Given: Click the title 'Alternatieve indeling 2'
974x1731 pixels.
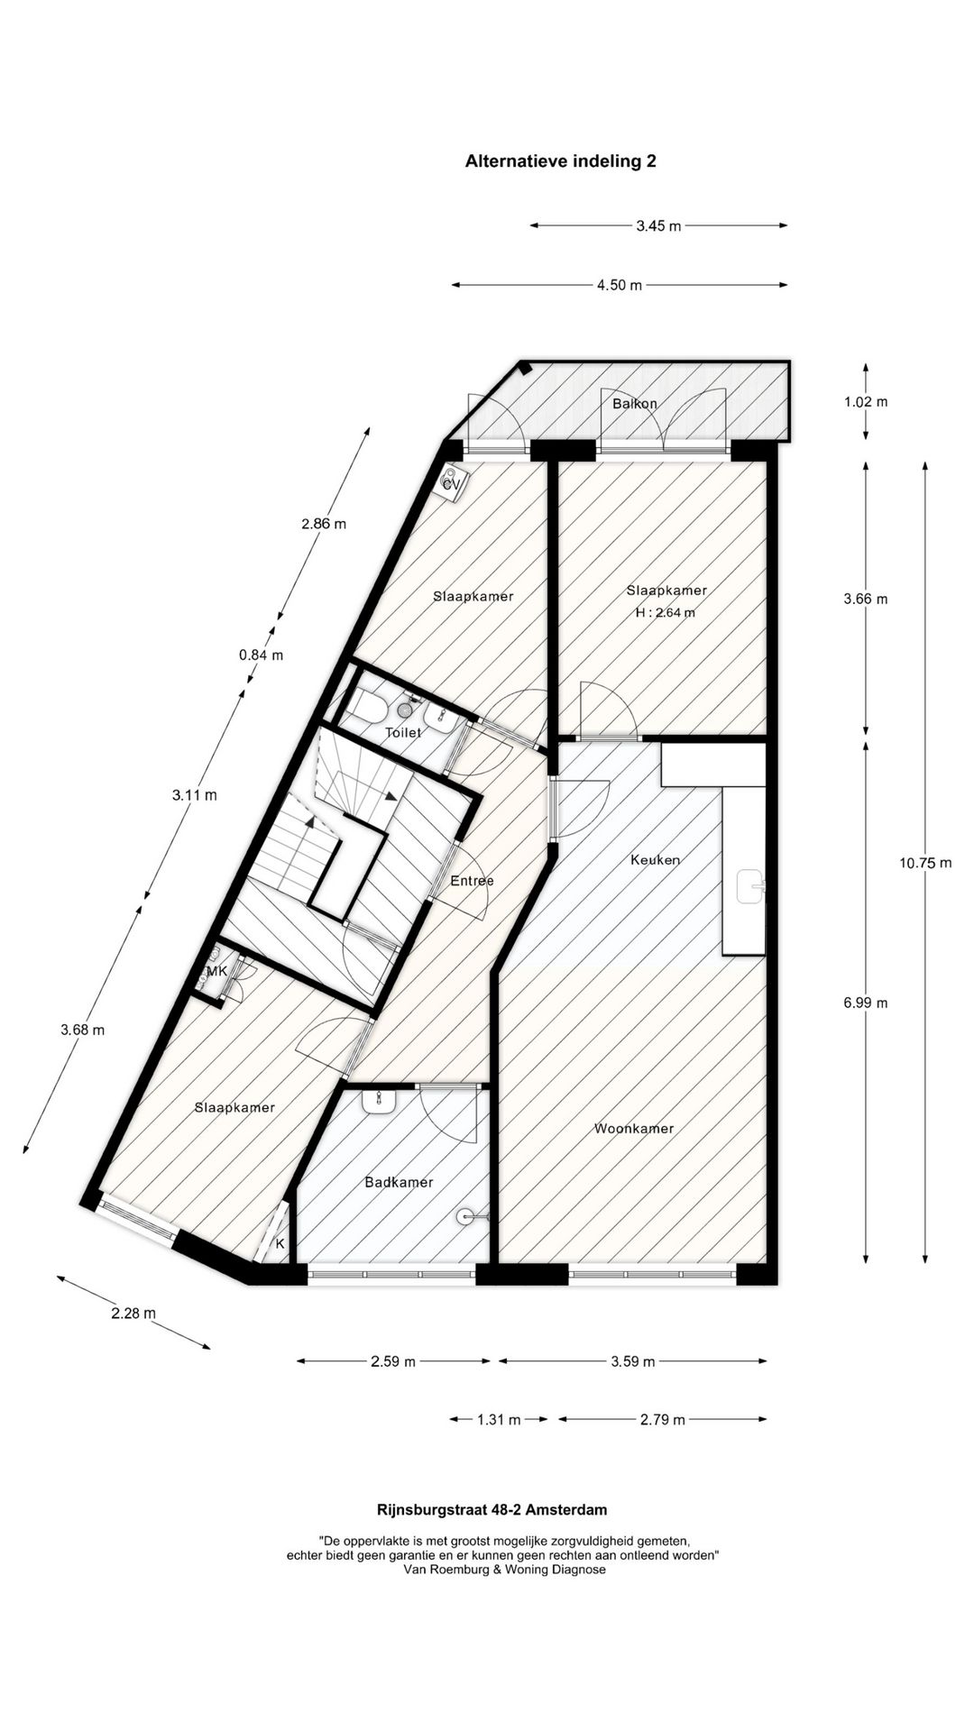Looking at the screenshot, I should [x=560, y=161].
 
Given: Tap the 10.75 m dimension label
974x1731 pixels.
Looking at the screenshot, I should [x=924, y=863].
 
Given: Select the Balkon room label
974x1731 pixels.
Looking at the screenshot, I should [x=634, y=403].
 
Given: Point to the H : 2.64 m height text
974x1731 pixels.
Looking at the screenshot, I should [x=666, y=612].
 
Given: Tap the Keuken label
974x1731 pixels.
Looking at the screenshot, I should [x=655, y=859].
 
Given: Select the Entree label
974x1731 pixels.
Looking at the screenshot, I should [x=473, y=880].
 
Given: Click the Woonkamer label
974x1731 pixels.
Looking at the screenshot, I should [x=634, y=1128].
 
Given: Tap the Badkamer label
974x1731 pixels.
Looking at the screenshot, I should [x=399, y=1182].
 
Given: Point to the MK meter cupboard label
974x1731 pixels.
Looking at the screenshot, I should [x=216, y=971].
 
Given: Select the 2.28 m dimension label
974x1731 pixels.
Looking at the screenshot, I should [x=133, y=1313].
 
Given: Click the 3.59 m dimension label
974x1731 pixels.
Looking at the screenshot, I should [x=632, y=1361].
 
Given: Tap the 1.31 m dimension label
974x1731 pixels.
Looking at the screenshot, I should [x=498, y=1420].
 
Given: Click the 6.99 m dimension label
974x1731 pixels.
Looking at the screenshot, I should [x=865, y=1003].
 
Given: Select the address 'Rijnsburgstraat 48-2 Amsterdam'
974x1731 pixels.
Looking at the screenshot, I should [x=492, y=1509].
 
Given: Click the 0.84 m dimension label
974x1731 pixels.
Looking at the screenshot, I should [x=261, y=655].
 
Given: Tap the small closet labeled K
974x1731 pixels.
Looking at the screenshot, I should [x=280, y=1244].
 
